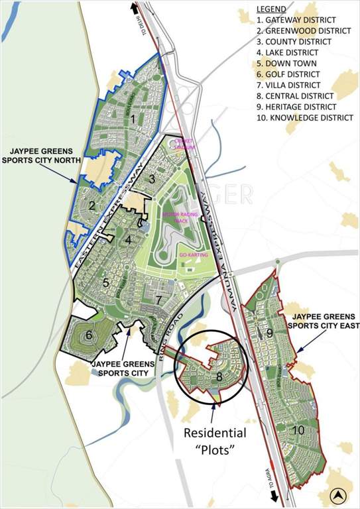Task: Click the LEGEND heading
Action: [271, 9]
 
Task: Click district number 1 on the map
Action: [133, 120]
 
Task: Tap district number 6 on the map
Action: [89, 335]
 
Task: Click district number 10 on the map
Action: [298, 430]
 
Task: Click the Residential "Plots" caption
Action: [215, 442]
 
